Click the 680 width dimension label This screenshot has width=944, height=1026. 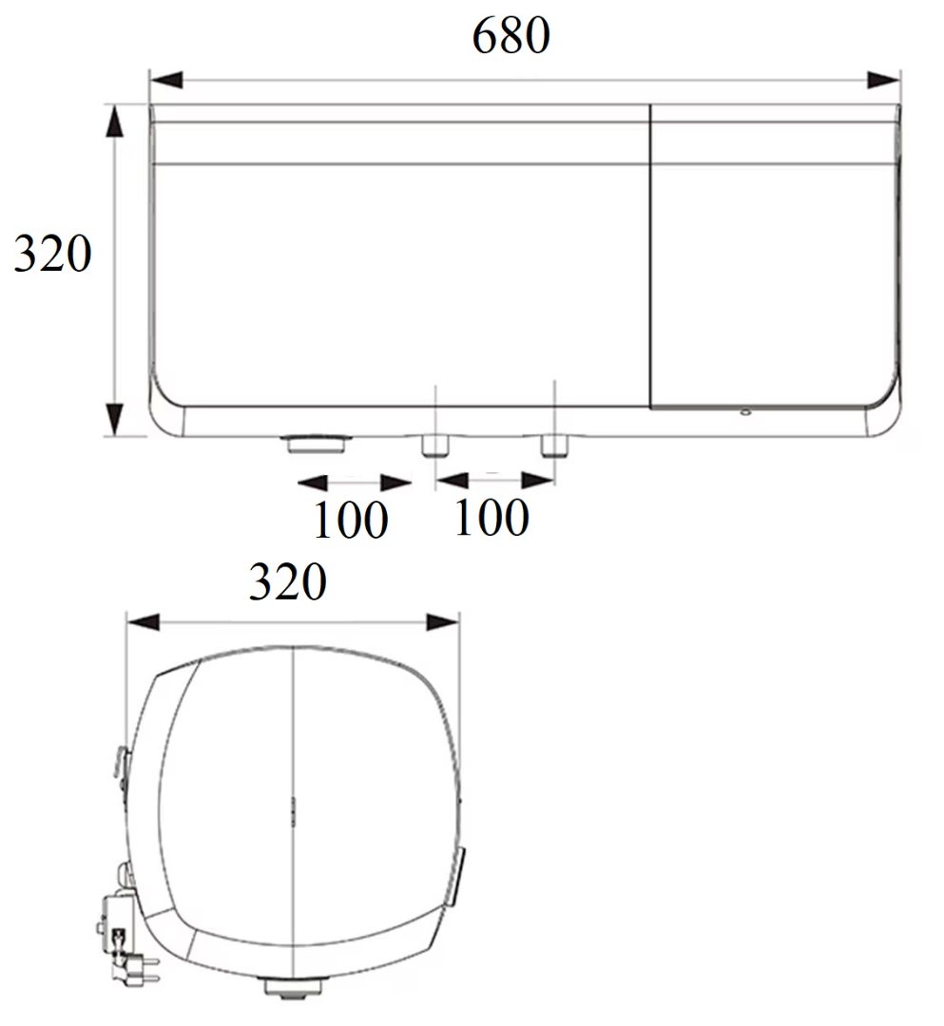pos(511,35)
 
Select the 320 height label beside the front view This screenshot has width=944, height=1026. pos(52,254)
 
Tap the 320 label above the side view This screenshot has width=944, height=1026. pos(287,581)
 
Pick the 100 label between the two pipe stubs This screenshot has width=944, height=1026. pos(491,518)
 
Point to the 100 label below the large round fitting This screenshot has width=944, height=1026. pos(351,521)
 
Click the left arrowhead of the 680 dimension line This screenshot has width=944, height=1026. pos(166,80)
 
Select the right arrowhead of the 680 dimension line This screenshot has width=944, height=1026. pos(883,80)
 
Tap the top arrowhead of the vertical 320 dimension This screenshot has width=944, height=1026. pos(115,122)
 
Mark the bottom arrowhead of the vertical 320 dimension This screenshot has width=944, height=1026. pos(115,420)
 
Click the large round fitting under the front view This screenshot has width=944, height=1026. pos(318,444)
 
